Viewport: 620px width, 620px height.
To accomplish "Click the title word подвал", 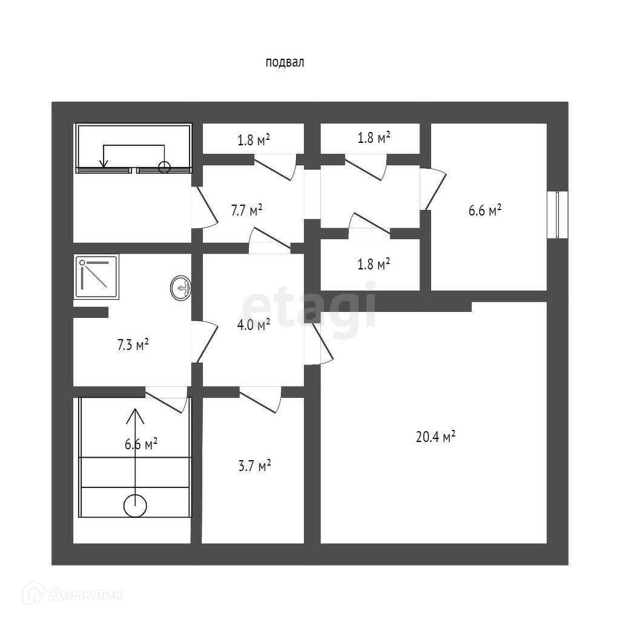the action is tap(284, 62).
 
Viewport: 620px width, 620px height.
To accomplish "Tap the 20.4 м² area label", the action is tap(435, 437).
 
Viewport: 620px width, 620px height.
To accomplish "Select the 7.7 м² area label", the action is tap(246, 210).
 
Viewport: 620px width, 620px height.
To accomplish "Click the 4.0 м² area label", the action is tap(253, 325).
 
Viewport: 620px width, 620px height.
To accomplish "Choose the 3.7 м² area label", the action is tap(255, 466).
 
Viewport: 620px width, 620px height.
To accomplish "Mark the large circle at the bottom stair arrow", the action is tap(135, 506).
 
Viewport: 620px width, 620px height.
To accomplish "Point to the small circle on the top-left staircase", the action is tap(164, 167).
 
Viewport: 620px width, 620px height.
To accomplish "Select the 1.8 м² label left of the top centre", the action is tap(253, 140).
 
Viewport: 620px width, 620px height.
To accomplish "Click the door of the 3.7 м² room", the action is tap(262, 400).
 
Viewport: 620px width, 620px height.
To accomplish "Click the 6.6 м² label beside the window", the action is tap(485, 211).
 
